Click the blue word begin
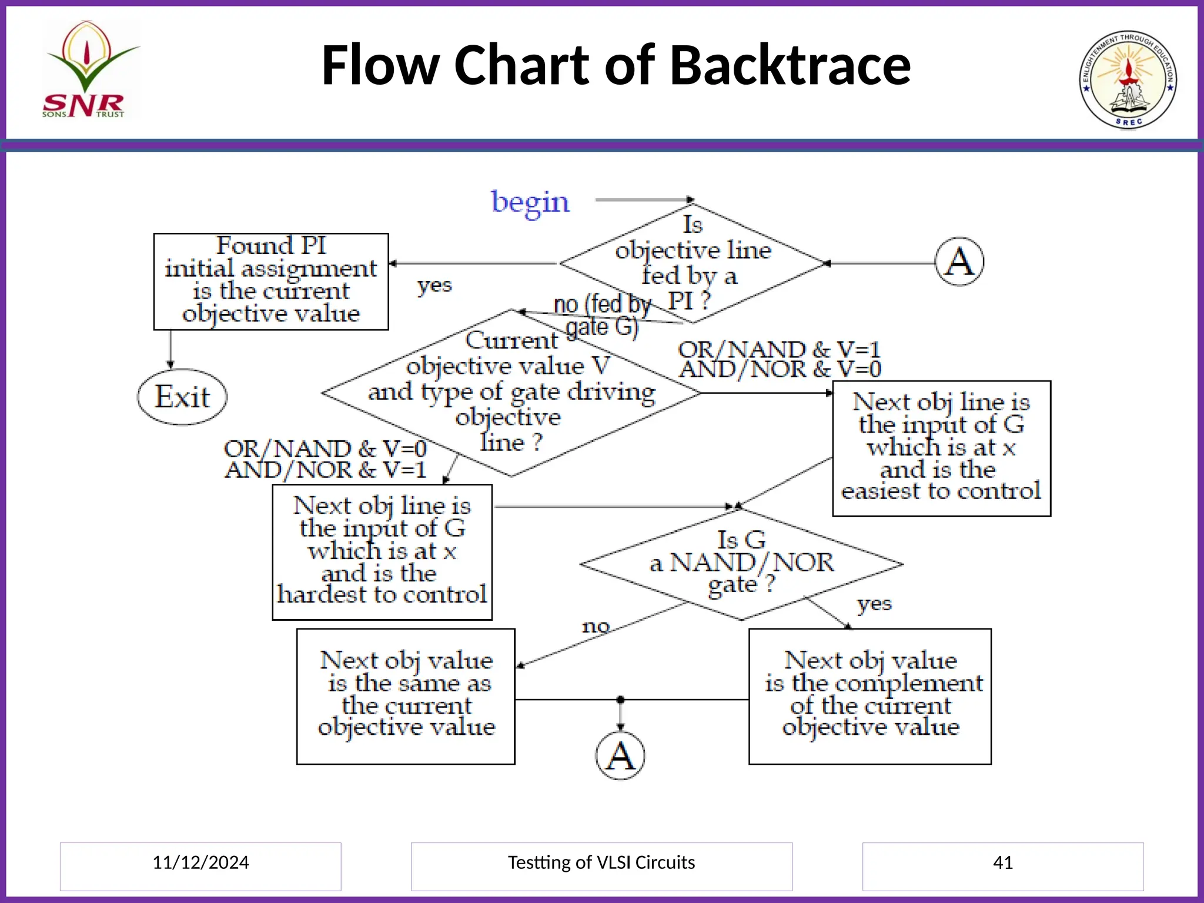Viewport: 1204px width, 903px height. point(530,202)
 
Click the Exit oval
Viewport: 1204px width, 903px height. point(182,397)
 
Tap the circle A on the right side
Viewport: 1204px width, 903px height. point(959,262)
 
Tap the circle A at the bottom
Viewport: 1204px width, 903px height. point(620,755)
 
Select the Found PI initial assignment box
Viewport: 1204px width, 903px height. point(271,282)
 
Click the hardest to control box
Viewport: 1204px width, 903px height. point(382,552)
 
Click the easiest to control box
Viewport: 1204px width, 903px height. point(941,448)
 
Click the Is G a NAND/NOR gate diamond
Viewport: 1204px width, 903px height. point(741,563)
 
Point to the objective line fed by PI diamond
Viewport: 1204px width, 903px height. point(693,263)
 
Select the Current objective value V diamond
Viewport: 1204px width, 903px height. point(511,392)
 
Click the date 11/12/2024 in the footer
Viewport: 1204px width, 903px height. point(200,862)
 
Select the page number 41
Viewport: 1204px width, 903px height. point(1002,862)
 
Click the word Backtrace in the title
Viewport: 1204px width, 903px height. point(790,65)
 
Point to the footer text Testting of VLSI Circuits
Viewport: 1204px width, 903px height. point(601,862)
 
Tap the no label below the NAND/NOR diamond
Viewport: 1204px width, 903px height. point(596,627)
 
